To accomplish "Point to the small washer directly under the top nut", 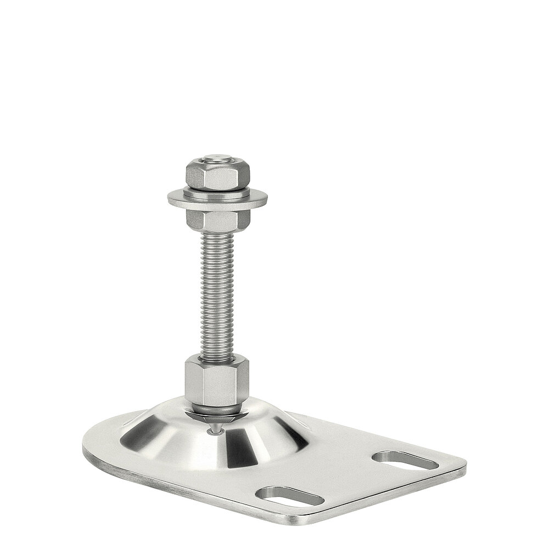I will coord(218,191).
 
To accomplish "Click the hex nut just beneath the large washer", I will coord(218,219).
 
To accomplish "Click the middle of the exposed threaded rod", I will coord(218,291).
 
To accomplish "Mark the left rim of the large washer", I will coord(171,199).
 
